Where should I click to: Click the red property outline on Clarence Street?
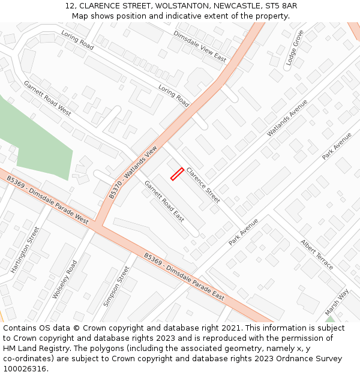point(177,173)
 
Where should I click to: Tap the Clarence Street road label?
point(203,184)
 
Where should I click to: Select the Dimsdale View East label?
point(200,46)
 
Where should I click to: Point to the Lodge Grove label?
point(294,47)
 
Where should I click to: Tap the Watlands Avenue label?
point(287,117)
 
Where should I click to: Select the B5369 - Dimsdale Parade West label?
point(48,200)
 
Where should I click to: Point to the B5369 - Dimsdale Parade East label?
point(184,276)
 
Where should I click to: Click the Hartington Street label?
point(25,250)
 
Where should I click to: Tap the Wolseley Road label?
point(65,279)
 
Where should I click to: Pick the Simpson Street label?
point(116,287)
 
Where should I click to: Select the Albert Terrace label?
point(317,254)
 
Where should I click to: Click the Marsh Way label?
point(337,302)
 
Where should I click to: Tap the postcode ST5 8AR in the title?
point(281,6)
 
